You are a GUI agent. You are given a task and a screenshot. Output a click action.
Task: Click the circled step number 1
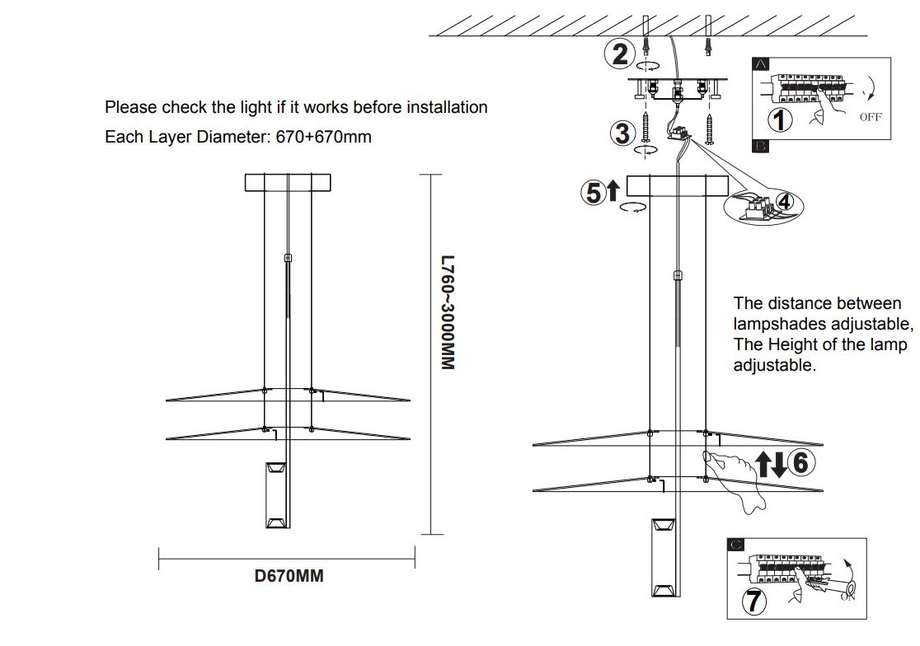click(x=780, y=119)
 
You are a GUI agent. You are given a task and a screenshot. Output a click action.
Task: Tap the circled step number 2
click(x=619, y=54)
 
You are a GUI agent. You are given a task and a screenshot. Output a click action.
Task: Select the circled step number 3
click(x=622, y=132)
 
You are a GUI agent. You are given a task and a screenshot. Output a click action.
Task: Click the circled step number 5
click(x=593, y=192)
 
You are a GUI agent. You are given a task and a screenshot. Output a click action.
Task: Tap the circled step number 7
click(x=753, y=601)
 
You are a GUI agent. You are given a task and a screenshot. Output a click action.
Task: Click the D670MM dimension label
click(x=289, y=576)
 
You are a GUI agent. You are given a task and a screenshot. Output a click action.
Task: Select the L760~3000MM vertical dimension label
click(x=446, y=312)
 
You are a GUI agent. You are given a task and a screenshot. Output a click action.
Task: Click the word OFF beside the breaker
click(x=870, y=117)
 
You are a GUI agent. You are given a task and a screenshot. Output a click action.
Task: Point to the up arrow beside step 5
click(x=613, y=191)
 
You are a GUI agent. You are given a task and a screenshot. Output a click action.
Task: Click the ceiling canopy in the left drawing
click(x=288, y=182)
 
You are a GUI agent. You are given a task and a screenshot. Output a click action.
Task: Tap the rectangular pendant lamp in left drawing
click(x=275, y=494)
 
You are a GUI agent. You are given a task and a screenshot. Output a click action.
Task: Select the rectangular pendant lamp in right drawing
click(x=664, y=559)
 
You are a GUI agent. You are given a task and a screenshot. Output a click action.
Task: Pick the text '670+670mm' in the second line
click(x=322, y=137)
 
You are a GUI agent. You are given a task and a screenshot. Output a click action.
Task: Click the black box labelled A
click(x=761, y=63)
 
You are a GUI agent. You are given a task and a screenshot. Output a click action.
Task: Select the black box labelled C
click(x=736, y=544)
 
